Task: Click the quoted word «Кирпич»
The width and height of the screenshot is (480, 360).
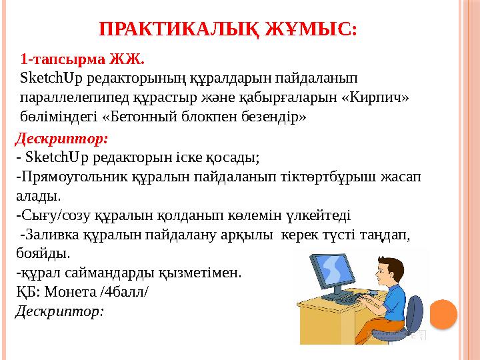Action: coord(375,99)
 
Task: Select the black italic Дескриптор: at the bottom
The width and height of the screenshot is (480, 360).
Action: coord(60,311)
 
